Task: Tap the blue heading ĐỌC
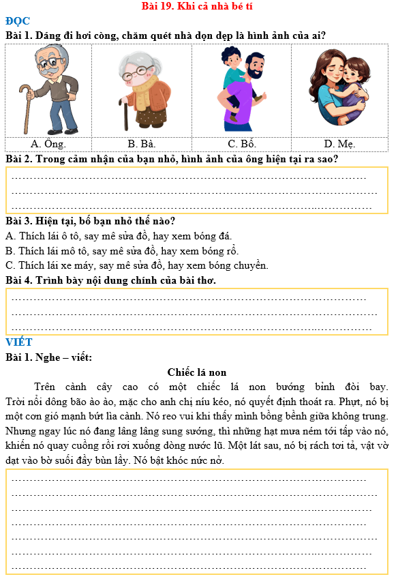click(17, 20)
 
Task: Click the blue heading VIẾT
click(19, 342)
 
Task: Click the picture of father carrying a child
click(242, 89)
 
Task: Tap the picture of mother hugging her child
click(339, 87)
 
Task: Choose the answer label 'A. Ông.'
click(48, 144)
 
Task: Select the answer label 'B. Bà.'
click(142, 144)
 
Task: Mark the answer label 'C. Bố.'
click(242, 144)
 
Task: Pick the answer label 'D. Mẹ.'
click(339, 144)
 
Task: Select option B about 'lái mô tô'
click(122, 250)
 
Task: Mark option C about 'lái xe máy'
click(136, 265)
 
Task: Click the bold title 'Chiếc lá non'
click(196, 372)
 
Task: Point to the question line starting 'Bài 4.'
click(110, 280)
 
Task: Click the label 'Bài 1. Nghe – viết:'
click(48, 357)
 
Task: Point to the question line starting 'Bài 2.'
click(172, 159)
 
